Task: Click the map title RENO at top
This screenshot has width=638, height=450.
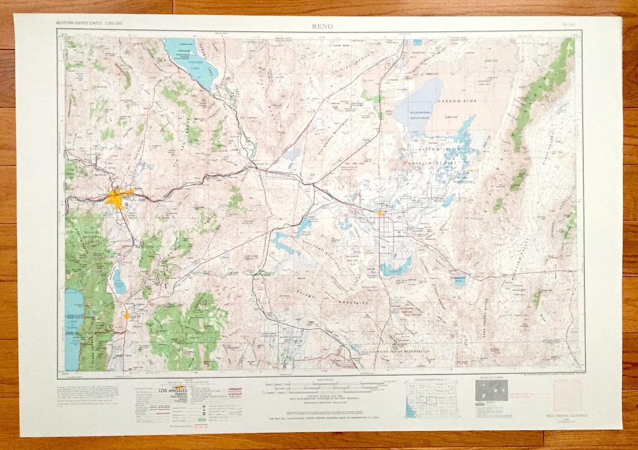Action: point(323,26)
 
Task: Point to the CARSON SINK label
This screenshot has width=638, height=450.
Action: point(453,102)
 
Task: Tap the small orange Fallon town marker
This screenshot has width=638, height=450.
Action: point(381,213)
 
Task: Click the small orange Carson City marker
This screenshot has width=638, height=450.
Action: point(126,315)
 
